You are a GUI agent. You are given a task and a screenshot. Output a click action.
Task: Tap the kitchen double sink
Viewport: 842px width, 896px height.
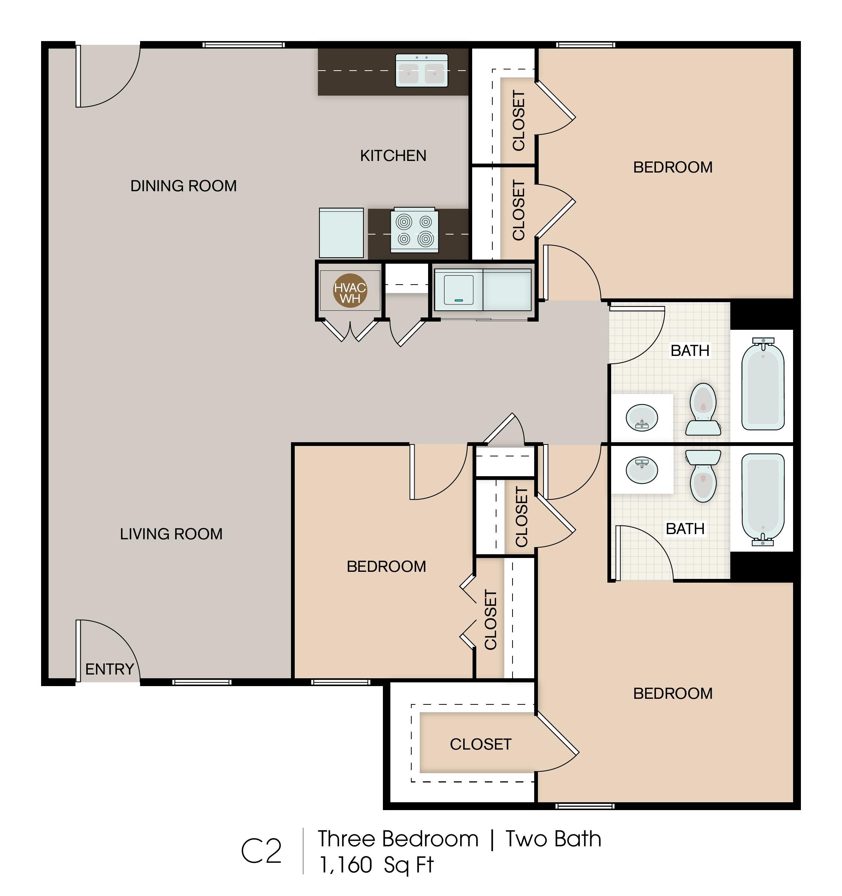[421, 71]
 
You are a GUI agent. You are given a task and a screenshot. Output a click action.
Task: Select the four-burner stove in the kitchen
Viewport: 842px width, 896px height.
[414, 230]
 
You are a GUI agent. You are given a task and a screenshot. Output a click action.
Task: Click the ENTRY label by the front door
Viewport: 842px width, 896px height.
[109, 669]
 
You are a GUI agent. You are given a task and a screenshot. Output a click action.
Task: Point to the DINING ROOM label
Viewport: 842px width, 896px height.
[183, 186]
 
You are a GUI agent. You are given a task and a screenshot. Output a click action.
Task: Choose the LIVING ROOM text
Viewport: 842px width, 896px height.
[171, 534]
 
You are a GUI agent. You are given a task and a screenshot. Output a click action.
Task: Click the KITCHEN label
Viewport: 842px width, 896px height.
[393, 155]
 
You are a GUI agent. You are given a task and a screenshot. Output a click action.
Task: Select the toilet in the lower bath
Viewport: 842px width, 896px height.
[703, 476]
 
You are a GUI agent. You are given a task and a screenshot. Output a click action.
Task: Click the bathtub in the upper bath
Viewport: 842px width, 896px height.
[763, 384]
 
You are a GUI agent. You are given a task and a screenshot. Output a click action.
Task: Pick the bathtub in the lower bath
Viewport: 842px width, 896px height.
[763, 499]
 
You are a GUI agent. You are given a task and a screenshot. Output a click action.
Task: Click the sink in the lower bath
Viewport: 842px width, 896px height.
[642, 470]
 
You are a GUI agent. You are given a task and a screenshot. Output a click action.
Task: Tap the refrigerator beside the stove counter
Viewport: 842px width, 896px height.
[341, 233]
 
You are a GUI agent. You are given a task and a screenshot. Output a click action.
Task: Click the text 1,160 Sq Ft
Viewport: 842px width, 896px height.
[377, 865]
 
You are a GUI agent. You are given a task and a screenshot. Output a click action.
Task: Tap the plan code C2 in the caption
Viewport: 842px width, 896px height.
[261, 852]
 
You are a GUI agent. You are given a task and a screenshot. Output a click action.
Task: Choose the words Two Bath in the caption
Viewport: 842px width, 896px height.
[554, 839]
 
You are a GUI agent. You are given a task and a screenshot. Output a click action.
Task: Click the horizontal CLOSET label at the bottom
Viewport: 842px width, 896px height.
[480, 744]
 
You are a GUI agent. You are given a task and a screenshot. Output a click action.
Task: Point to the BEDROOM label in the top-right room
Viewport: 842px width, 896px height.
[673, 167]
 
